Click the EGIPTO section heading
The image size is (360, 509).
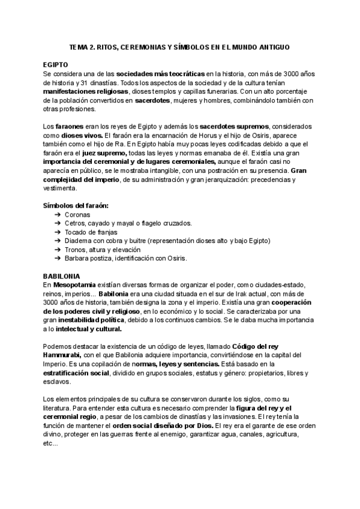coord(56,64)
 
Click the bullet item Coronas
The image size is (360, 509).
coord(77,214)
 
